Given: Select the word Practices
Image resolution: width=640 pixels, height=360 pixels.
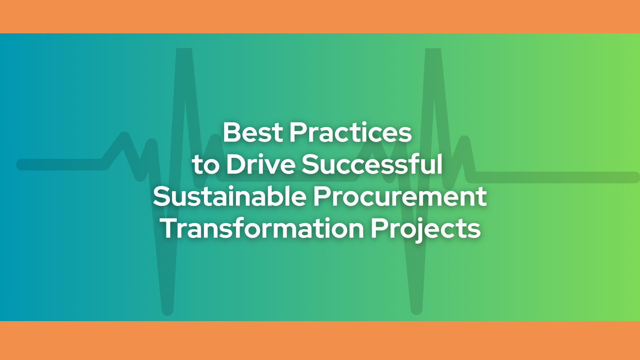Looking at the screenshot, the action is (350, 132).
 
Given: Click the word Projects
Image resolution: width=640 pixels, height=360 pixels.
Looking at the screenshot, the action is (426, 230).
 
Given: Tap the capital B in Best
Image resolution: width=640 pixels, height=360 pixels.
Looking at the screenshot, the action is (232, 132).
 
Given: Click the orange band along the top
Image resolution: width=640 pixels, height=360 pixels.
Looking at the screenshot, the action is (320, 16).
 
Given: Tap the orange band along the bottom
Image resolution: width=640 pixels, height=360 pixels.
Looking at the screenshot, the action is (320, 340).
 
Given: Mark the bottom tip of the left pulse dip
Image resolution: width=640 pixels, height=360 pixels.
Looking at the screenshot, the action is (168, 311).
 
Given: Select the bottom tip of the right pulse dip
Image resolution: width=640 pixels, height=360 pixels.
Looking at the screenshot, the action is (416, 311).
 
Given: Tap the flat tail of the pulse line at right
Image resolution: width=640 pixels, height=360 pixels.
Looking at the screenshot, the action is (554, 178).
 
